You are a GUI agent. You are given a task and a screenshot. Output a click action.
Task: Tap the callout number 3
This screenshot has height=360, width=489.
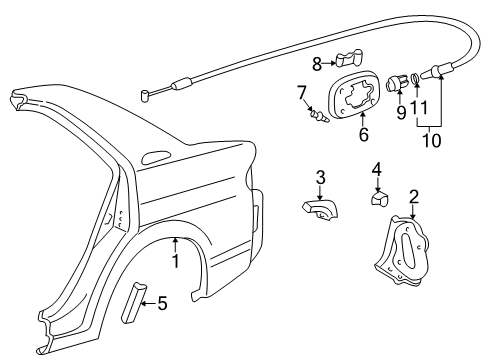(320, 177)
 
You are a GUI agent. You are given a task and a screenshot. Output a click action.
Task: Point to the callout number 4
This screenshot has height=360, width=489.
(377, 169)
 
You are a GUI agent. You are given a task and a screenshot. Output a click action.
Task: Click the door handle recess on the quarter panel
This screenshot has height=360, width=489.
(157, 158)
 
